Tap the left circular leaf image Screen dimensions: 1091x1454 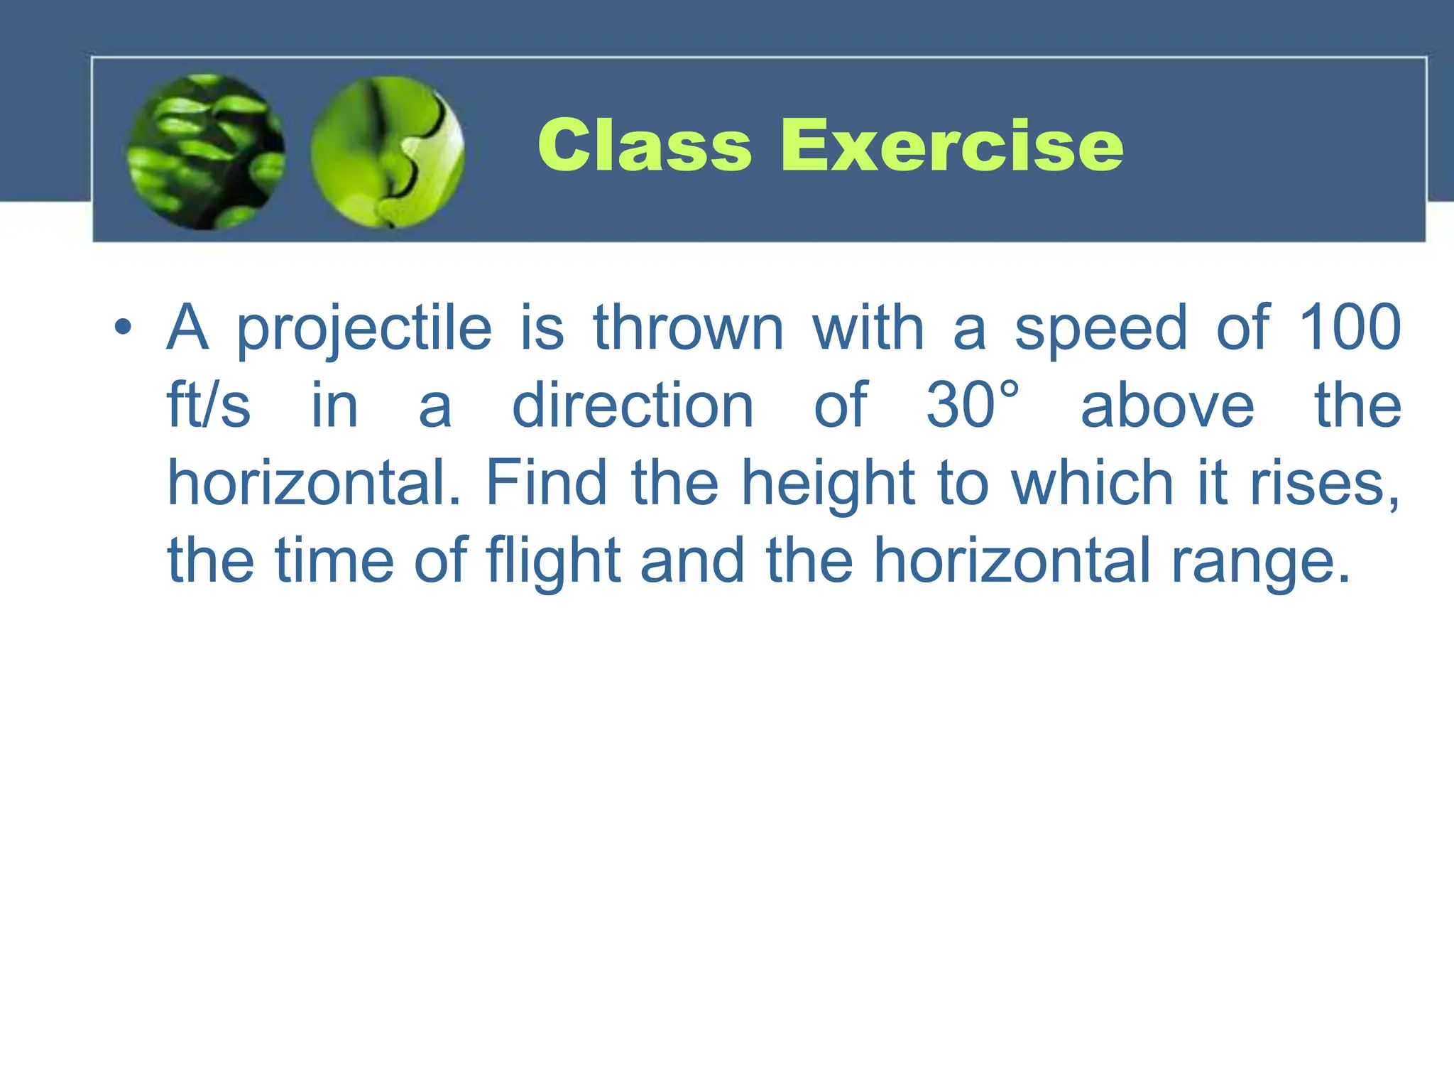(x=206, y=151)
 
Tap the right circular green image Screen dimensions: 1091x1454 (x=388, y=151)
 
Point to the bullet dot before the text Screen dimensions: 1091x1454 (x=123, y=327)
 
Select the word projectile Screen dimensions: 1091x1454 (x=363, y=329)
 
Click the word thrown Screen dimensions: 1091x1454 (x=688, y=327)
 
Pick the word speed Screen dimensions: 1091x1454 (x=1100, y=329)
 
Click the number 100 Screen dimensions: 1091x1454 (x=1350, y=327)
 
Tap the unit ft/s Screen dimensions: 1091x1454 (x=208, y=405)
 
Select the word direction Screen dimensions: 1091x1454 (x=633, y=405)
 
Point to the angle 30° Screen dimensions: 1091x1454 (x=973, y=405)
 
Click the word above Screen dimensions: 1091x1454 (x=1167, y=405)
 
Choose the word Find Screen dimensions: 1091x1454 (x=546, y=483)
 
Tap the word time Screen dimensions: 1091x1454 (x=334, y=560)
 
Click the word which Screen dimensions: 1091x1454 (x=1092, y=483)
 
